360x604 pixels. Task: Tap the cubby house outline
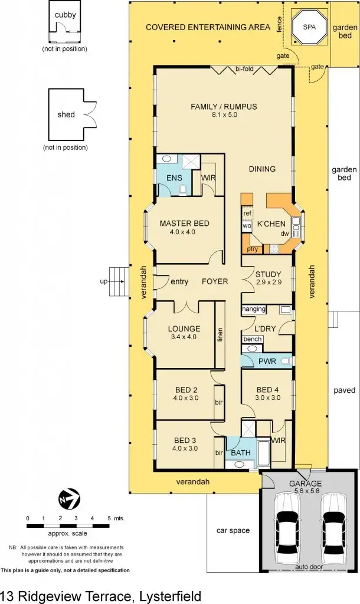[65, 26]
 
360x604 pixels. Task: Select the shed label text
[66, 114]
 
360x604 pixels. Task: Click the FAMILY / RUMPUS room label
[224, 107]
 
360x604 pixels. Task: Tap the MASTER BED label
[185, 224]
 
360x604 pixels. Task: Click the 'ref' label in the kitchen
[247, 213]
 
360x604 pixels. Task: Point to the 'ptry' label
[252, 250]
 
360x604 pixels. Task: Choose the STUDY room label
[268, 274]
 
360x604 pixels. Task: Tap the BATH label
[241, 453]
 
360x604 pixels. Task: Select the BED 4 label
[268, 389]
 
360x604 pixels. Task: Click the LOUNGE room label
[184, 329]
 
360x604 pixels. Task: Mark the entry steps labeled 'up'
[120, 282]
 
